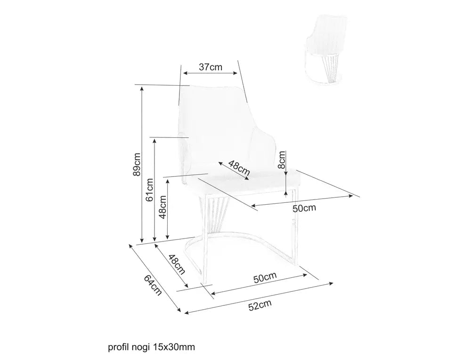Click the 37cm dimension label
pyautogui.click(x=211, y=67)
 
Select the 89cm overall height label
pyautogui.click(x=137, y=164)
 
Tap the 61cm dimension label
pyautogui.click(x=149, y=190)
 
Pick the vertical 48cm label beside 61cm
pyautogui.click(x=162, y=207)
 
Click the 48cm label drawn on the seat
pyautogui.click(x=239, y=168)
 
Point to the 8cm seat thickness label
pyautogui.click(x=282, y=160)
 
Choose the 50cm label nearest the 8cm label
pyautogui.click(x=304, y=208)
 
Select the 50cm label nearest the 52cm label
pyautogui.click(x=265, y=278)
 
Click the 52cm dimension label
pyautogui.click(x=260, y=305)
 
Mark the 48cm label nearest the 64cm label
pyautogui.click(x=176, y=264)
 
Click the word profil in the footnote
pyautogui.click(x=118, y=347)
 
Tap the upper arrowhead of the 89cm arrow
pyautogui.click(x=142, y=87)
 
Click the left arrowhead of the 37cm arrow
pyautogui.click(x=186, y=73)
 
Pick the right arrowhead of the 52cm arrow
pyautogui.click(x=331, y=283)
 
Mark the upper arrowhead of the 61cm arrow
pyautogui.click(x=154, y=141)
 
